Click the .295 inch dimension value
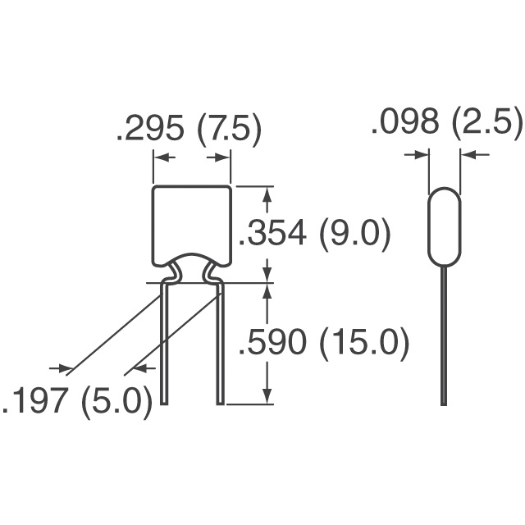point(151,128)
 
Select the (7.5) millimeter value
point(230,130)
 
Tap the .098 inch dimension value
point(405,121)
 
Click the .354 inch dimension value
point(272,233)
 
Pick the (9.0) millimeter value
point(355,235)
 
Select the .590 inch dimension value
point(272,342)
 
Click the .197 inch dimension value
point(33,400)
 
